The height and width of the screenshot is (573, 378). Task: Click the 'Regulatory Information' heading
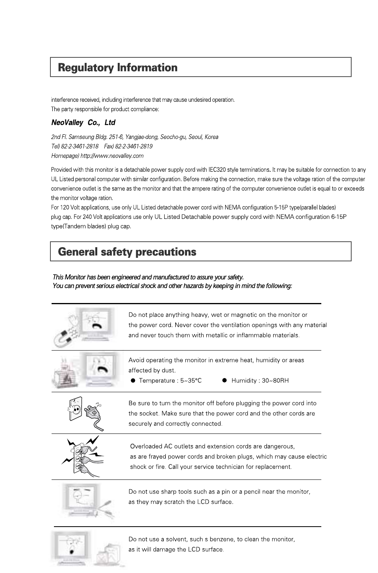(x=118, y=68)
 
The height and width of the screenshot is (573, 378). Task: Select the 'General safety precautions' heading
(x=127, y=252)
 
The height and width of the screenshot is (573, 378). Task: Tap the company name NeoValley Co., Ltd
(x=83, y=123)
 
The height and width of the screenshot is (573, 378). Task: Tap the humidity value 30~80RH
(x=275, y=380)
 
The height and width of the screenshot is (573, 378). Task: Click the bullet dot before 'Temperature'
(x=133, y=380)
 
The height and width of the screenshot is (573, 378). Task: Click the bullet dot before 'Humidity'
(x=224, y=380)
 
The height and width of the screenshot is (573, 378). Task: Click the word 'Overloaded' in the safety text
(x=146, y=446)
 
